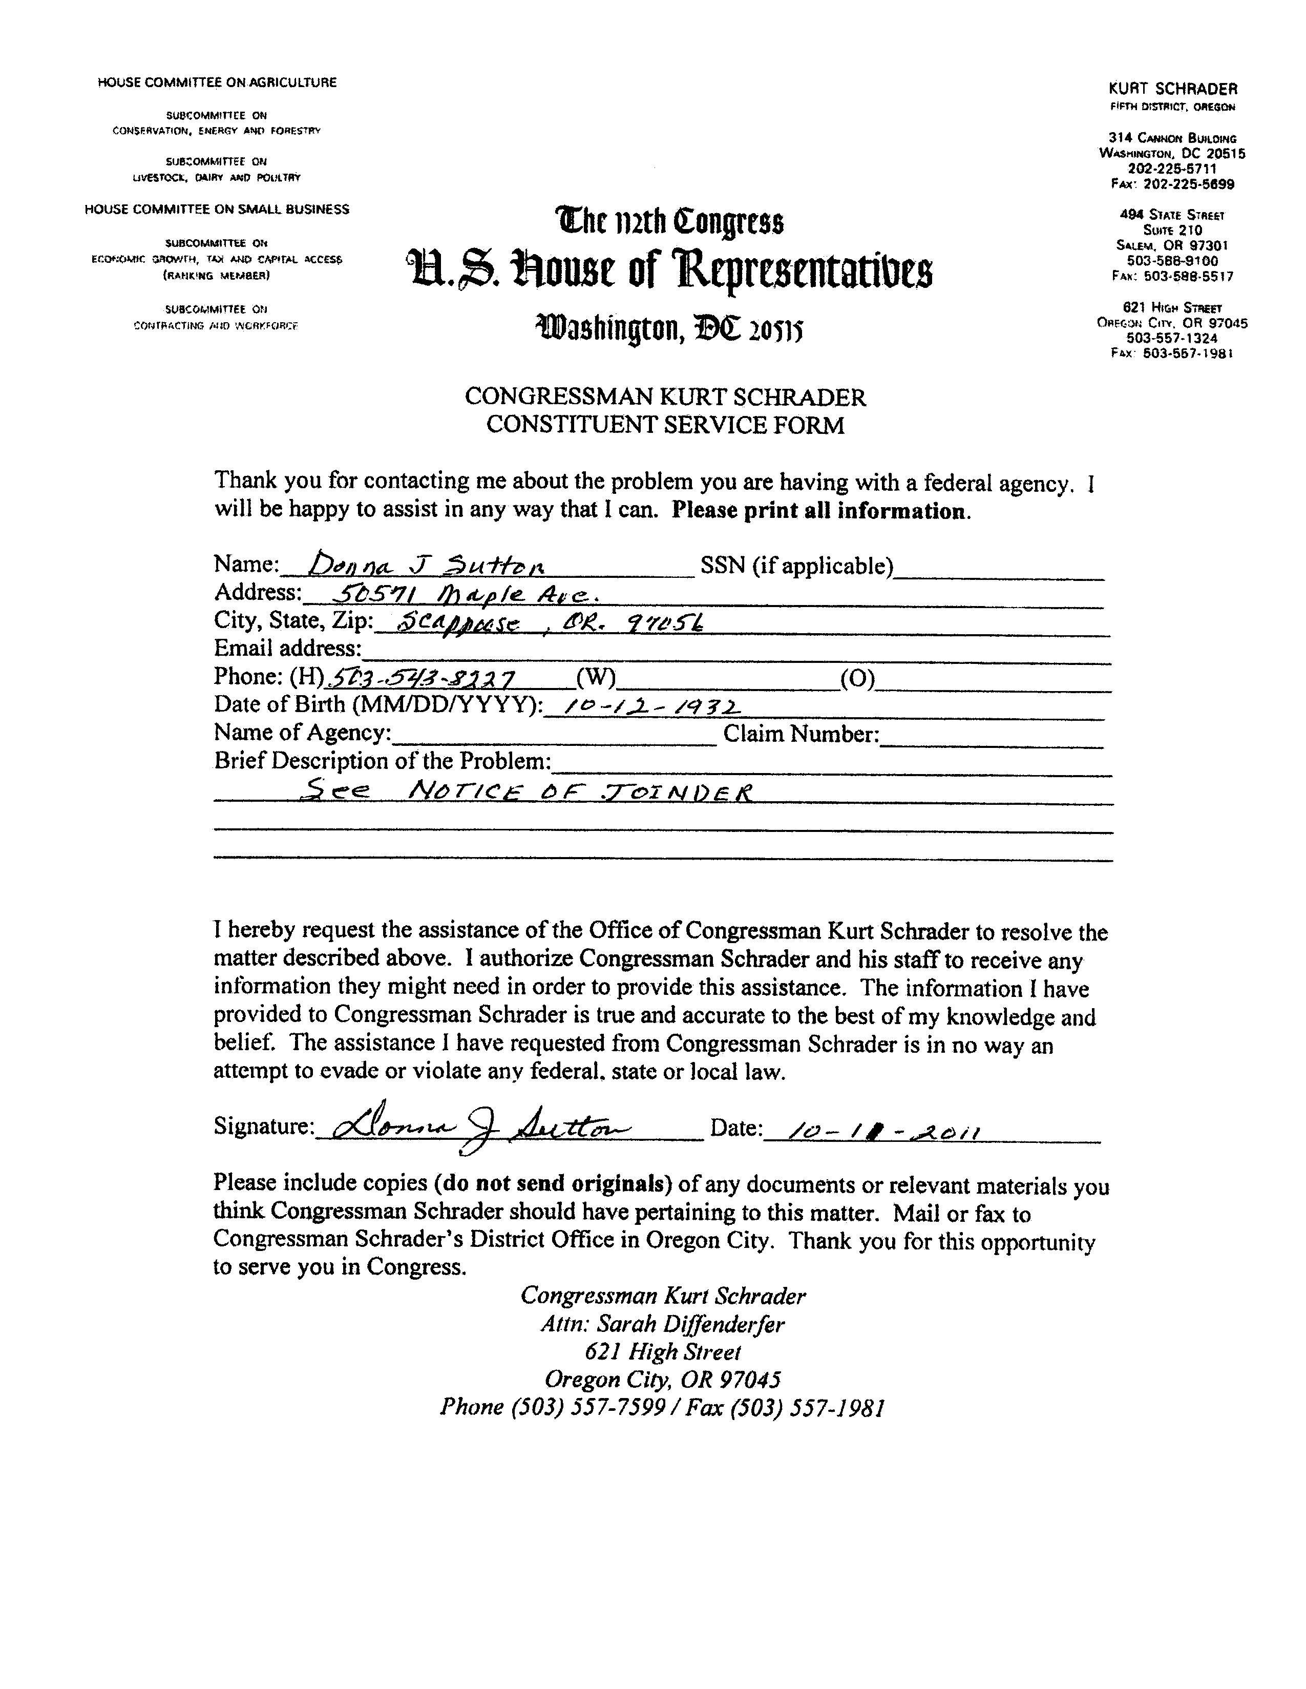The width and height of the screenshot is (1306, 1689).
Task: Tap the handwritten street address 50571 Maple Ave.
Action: coord(461,594)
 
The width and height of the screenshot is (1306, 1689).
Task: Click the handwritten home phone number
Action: coord(422,678)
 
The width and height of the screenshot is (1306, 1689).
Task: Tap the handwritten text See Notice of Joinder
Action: coord(528,791)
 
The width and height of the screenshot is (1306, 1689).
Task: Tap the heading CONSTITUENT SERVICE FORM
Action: coord(665,425)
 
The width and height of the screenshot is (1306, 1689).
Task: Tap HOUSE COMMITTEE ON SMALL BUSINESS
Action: coord(217,210)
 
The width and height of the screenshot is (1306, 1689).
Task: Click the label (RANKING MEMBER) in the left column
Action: coord(217,275)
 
